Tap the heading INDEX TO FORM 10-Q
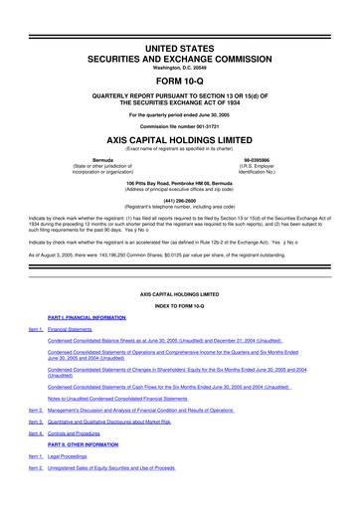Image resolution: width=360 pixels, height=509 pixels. pos(179,303)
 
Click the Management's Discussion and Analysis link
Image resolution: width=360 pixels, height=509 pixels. pos(140,410)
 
